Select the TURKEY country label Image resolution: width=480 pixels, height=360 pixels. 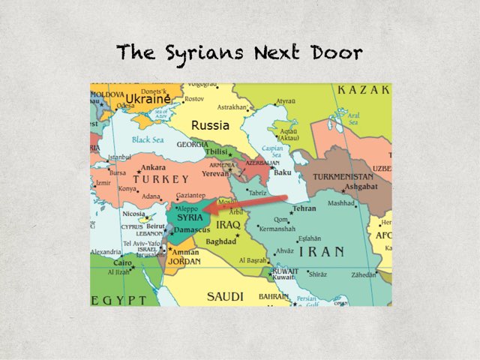161,180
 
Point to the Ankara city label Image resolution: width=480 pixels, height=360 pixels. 153,167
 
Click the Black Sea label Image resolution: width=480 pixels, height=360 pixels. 148,140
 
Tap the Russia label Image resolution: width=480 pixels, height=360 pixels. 210,125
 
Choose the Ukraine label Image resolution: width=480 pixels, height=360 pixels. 148,99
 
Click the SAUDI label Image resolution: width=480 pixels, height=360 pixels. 226,295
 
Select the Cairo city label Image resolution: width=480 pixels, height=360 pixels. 123,263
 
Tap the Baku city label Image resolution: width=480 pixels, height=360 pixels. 283,172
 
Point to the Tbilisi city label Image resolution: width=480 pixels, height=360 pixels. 217,152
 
